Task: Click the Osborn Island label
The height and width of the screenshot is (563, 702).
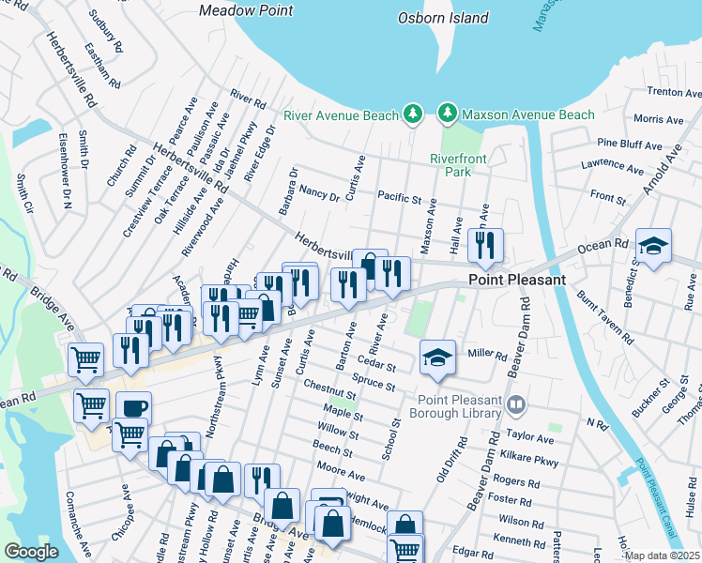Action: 443,18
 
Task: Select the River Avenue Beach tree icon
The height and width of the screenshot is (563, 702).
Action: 411,114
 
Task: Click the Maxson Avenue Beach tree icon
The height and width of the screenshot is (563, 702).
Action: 448,114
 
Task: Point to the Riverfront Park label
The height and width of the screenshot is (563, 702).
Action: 458,165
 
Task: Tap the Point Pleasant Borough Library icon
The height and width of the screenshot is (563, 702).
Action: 515,405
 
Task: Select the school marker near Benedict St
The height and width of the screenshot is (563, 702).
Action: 653,247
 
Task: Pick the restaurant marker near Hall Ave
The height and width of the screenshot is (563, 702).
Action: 485,246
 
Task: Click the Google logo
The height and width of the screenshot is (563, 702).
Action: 31,552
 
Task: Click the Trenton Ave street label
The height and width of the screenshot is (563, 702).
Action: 675,92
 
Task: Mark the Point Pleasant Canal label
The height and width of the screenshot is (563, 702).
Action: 653,497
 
